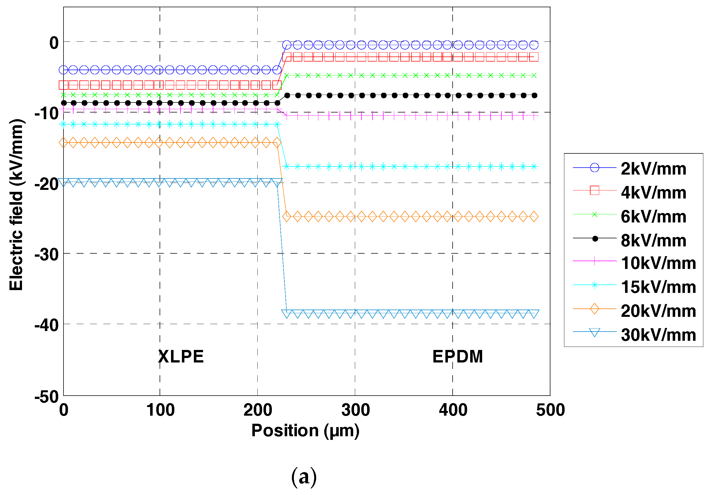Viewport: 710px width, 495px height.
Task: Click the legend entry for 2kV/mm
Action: tap(653, 169)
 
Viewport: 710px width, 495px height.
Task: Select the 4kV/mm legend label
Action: tap(653, 192)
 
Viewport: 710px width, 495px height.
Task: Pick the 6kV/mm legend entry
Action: tap(653, 216)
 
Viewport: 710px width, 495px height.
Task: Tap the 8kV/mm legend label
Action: tap(653, 240)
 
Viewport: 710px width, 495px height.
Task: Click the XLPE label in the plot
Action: tap(181, 356)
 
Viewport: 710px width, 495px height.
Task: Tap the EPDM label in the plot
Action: tap(457, 356)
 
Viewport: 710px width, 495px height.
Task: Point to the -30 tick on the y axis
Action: tap(47, 255)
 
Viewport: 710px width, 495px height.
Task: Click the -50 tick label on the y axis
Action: tap(47, 396)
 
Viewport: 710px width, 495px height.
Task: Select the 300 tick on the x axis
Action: tap(355, 410)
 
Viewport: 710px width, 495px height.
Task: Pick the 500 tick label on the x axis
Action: tap(550, 410)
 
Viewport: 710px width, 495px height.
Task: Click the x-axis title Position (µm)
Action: tap(305, 430)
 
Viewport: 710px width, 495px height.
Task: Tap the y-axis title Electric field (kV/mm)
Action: tap(16, 205)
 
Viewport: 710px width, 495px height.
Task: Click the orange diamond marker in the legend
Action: tap(594, 309)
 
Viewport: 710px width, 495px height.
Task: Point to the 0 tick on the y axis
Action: tap(54, 43)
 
